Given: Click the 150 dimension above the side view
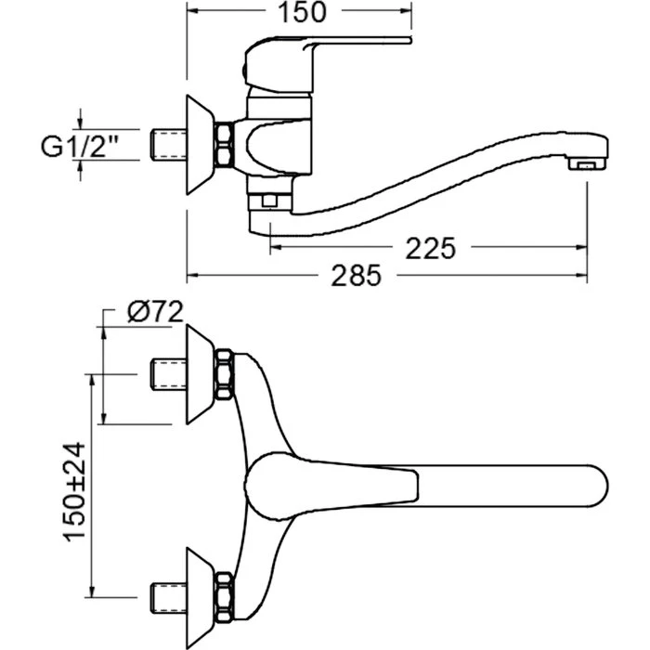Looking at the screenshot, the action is (x=302, y=12).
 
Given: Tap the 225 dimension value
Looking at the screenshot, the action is (x=430, y=248).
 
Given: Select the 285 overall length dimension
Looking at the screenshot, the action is (x=356, y=275).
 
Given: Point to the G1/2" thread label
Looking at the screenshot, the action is (x=80, y=146).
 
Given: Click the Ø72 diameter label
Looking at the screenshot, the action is (x=155, y=312).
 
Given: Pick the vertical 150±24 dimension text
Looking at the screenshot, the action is (x=74, y=492).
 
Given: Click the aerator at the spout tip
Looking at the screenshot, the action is (x=587, y=165).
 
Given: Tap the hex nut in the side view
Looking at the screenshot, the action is (x=225, y=145).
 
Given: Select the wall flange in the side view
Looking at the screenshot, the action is (x=201, y=145).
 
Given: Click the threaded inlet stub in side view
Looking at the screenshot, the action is (x=168, y=145).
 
